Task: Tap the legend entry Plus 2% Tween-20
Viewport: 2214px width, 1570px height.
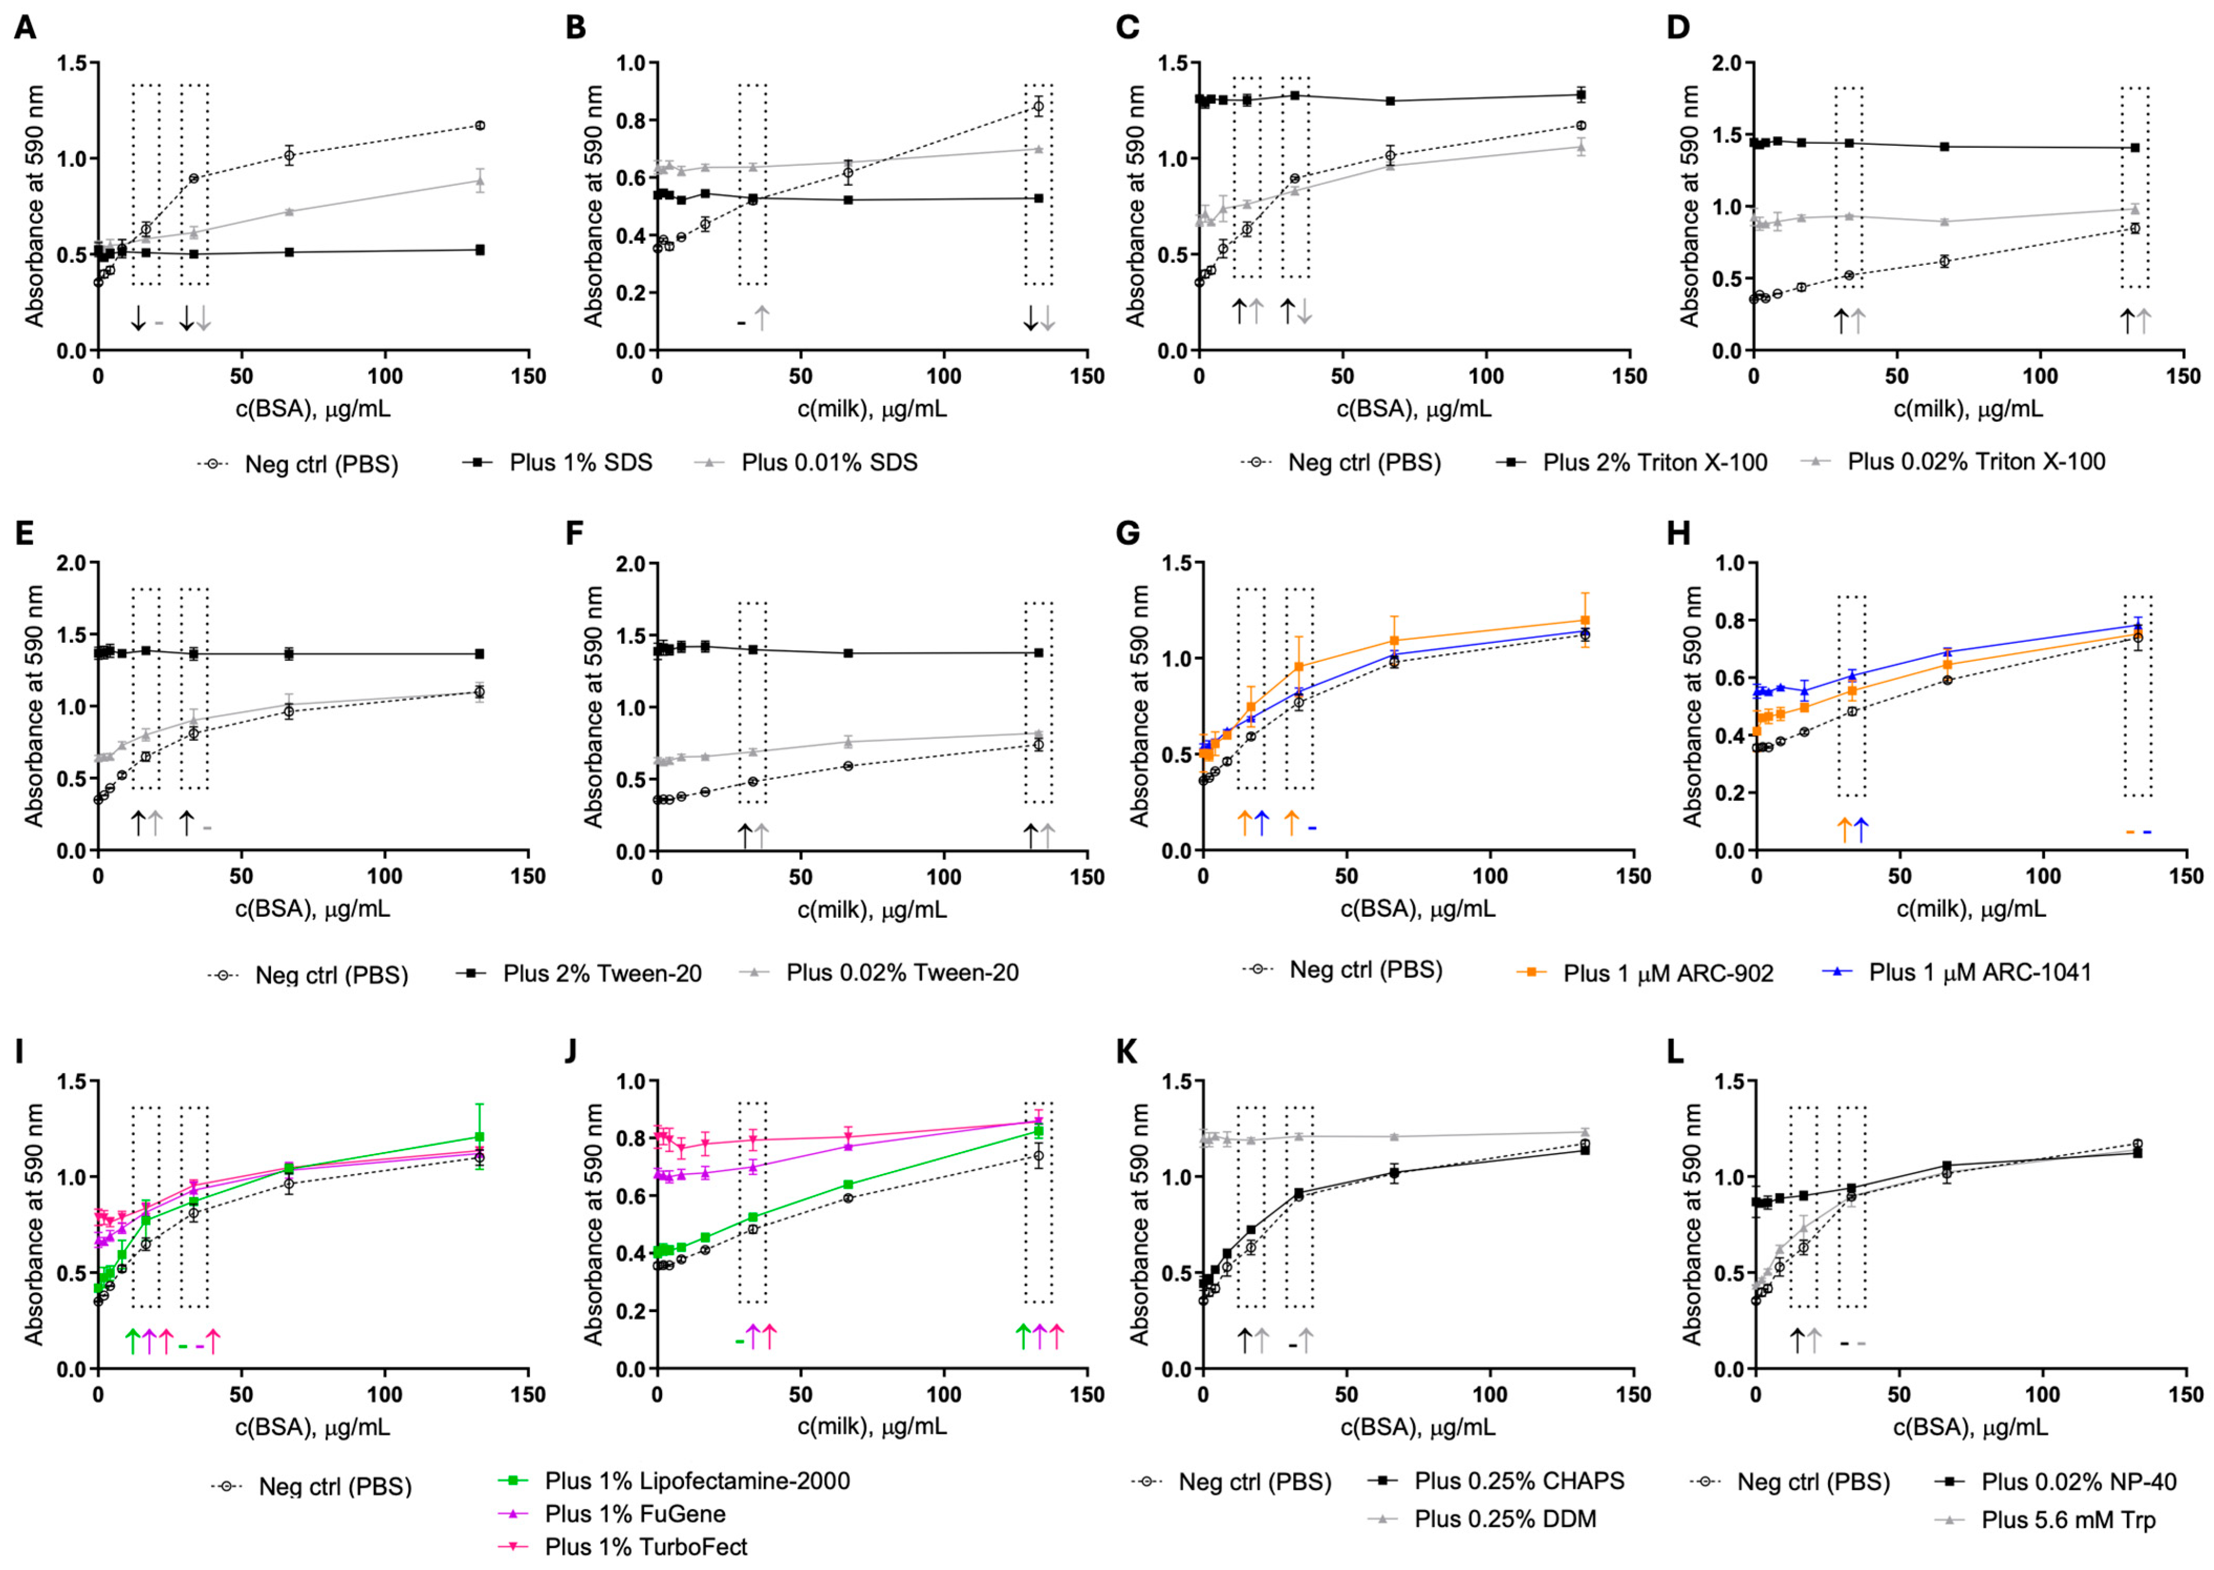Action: [579, 973]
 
